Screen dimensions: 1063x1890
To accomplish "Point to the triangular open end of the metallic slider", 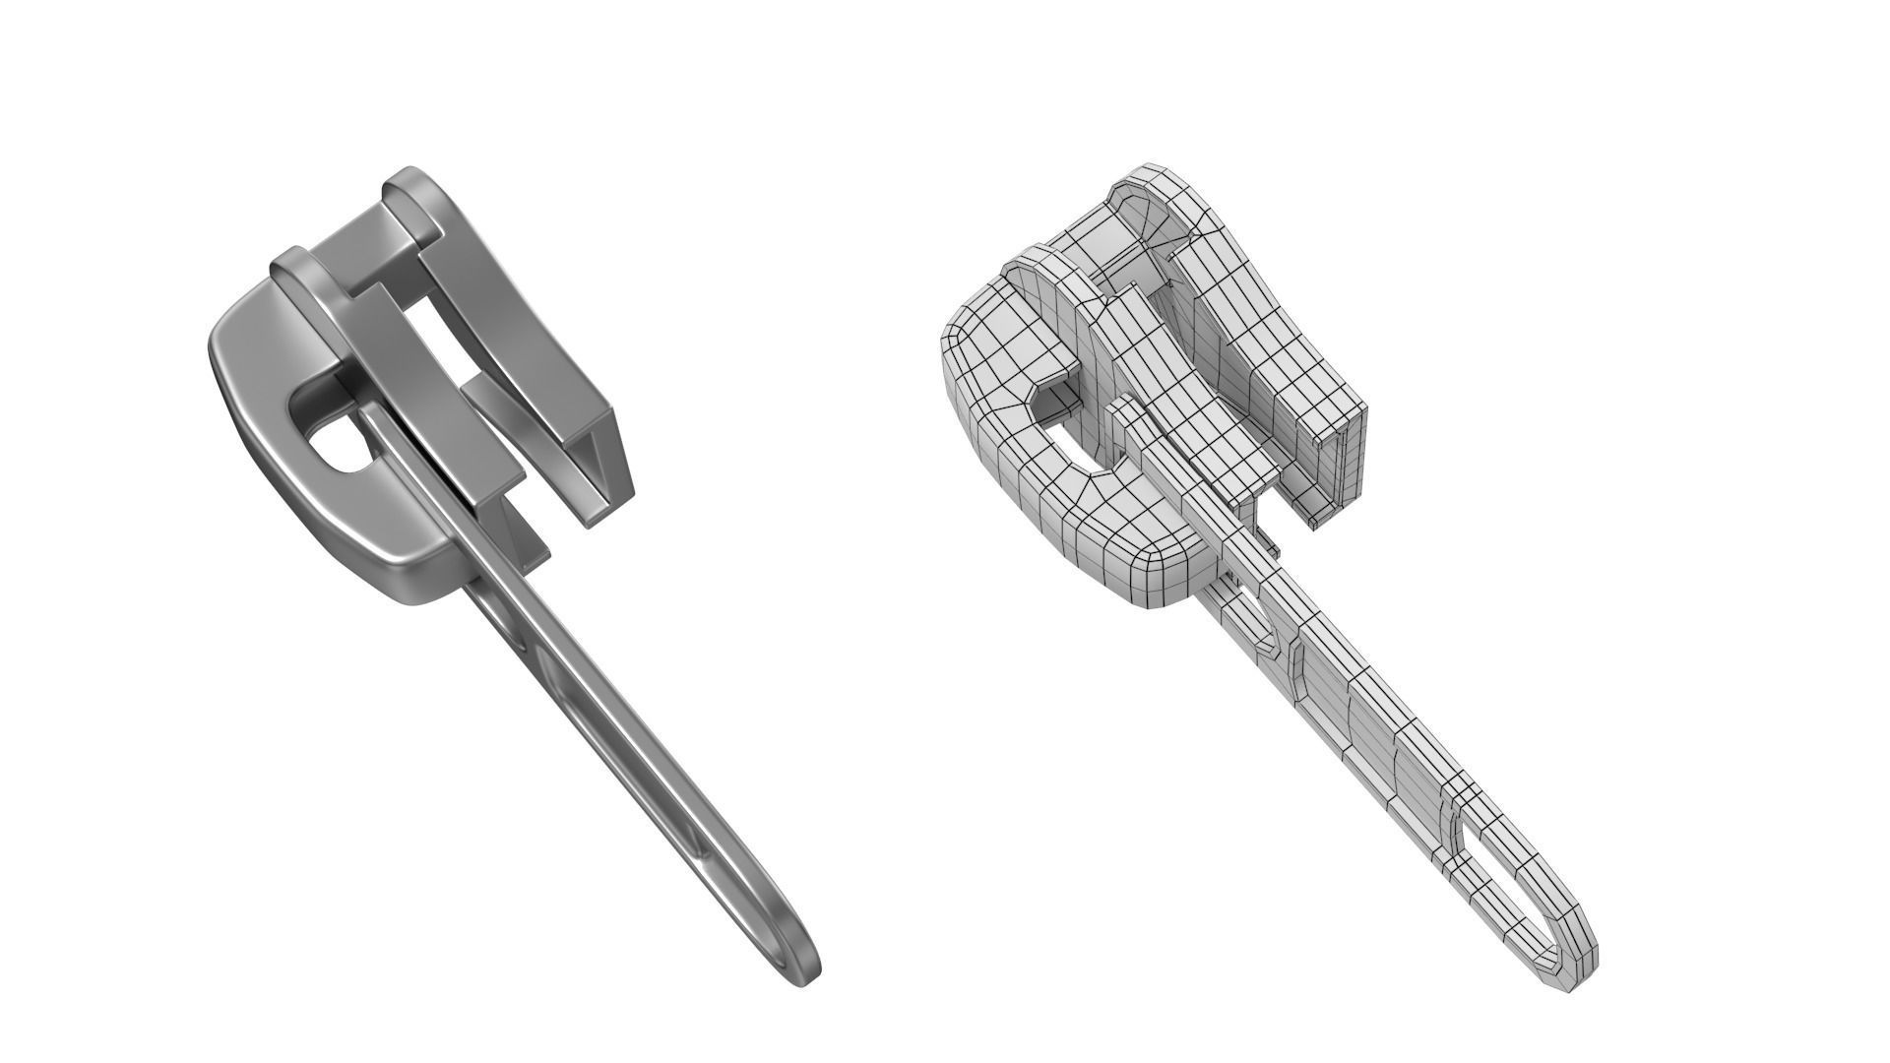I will (600, 472).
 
